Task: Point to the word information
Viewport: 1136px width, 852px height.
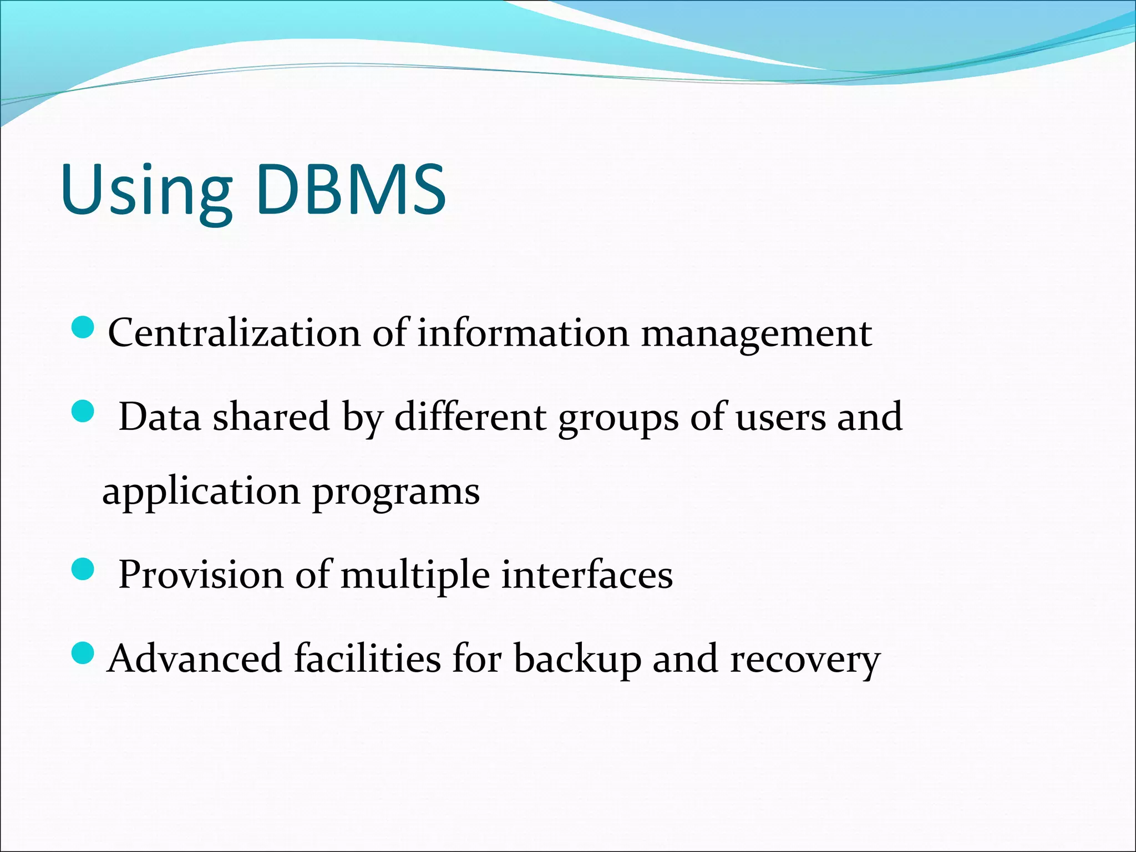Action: (x=523, y=333)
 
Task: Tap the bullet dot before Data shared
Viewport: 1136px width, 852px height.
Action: (x=84, y=412)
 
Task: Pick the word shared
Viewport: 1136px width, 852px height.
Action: (x=272, y=417)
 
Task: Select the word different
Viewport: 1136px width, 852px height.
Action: (x=470, y=417)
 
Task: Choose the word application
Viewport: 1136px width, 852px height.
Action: (x=201, y=492)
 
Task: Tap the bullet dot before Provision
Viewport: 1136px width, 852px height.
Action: (x=84, y=569)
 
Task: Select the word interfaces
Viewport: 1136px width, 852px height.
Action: (x=587, y=574)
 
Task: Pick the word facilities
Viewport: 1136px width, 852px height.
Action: (x=367, y=658)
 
